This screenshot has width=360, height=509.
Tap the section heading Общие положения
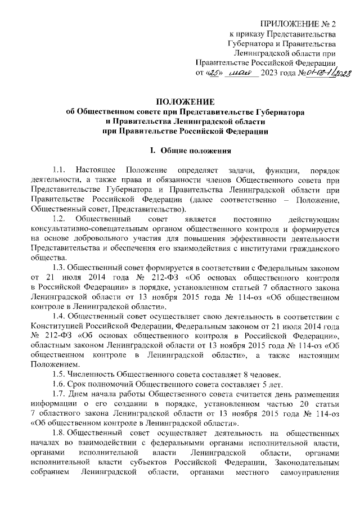[x=196, y=151]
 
